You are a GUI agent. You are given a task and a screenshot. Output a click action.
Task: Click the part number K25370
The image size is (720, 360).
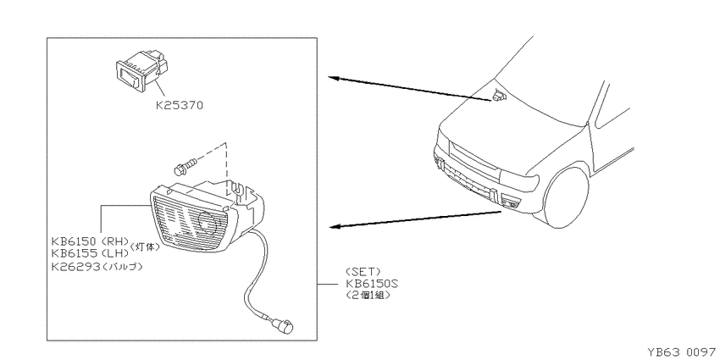179,105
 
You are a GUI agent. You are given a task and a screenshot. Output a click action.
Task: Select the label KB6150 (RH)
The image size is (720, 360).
90,241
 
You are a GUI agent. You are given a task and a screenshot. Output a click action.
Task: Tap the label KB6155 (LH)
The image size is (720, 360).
90,253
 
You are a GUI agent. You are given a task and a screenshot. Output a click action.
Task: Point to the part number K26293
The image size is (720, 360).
75,266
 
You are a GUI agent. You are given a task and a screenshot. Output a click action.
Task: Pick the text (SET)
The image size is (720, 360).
364,272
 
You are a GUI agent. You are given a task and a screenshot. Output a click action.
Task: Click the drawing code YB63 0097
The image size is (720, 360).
681,352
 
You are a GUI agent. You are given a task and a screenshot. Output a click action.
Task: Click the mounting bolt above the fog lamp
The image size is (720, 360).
185,166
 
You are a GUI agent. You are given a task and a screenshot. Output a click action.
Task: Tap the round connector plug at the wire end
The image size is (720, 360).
284,327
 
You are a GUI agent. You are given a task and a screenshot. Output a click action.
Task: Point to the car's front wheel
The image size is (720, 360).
566,197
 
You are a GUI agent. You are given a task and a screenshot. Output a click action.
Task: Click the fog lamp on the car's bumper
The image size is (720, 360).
510,202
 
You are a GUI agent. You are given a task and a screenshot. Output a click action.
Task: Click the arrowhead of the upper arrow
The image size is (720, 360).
334,79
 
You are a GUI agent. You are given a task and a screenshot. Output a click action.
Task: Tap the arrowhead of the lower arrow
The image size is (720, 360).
335,226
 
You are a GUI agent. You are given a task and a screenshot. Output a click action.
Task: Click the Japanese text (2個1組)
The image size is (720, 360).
368,296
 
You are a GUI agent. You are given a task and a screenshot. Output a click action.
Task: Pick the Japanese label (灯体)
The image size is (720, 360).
146,246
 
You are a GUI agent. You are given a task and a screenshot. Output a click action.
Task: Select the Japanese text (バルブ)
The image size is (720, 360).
122,266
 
